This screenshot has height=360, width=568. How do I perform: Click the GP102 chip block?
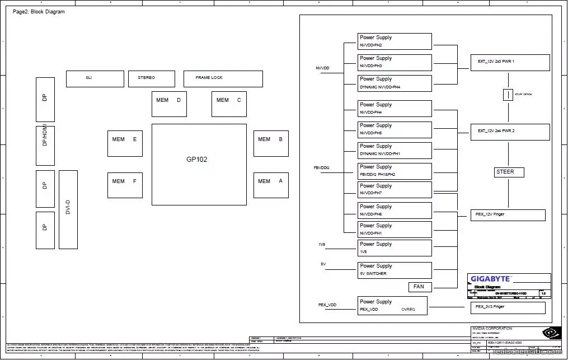point(199,164)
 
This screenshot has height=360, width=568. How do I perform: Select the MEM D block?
point(169,104)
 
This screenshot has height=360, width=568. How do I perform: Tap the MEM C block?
point(229,104)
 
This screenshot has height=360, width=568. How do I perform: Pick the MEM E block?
point(125,143)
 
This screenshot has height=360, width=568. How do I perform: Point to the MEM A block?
point(271,185)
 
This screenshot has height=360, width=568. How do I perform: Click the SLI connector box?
point(95,78)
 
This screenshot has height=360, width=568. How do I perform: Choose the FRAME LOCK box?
point(223,78)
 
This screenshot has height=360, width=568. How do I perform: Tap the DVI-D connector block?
point(68,209)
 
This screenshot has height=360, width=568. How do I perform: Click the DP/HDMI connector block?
point(45,145)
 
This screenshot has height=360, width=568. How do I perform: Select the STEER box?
point(509,172)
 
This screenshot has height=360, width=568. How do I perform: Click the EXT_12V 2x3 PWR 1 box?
point(510,62)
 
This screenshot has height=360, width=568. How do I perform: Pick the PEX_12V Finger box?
point(508,215)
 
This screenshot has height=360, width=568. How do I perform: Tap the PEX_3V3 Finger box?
point(508,307)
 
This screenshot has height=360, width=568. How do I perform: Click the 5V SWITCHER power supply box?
point(395,270)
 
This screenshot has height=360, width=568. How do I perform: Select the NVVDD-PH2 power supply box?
point(395,41)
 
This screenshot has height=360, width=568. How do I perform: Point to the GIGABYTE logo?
point(490,278)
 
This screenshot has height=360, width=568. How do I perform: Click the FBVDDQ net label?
point(321,167)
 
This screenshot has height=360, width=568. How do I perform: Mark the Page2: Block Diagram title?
point(39,12)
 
